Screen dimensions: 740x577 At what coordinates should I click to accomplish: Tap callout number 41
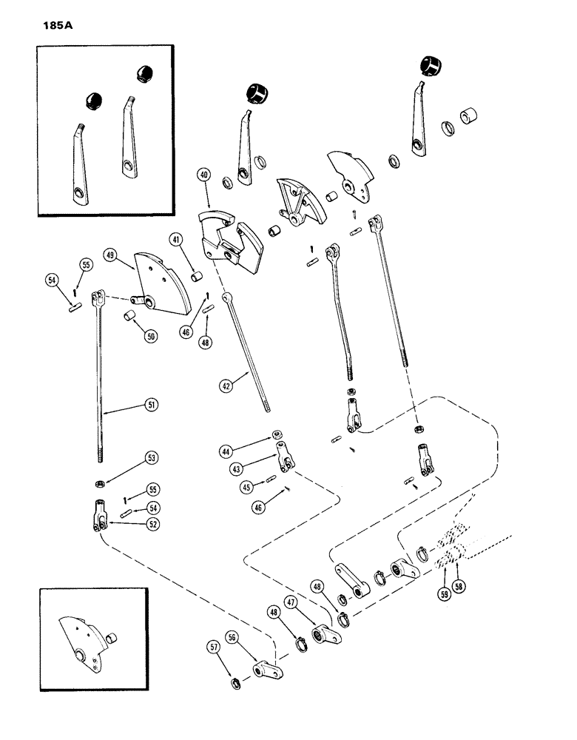176,239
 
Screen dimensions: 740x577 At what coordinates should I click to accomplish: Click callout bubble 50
151,337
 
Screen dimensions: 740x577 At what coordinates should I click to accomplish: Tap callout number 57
214,648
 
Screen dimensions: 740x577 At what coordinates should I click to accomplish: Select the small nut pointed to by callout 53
98,484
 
